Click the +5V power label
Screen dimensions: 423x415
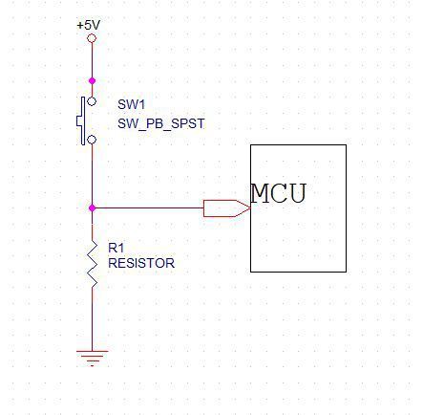tap(89, 25)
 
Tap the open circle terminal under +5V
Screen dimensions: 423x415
tap(92, 38)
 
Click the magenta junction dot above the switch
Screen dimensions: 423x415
tap(92, 81)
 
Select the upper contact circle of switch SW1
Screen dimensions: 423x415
tap(92, 101)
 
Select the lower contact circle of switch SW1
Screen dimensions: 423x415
tap(92, 140)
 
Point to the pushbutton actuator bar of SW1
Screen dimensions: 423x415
tap(83, 120)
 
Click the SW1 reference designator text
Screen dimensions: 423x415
tap(131, 104)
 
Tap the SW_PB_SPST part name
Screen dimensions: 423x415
tap(161, 123)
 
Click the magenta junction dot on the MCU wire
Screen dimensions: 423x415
tap(92, 208)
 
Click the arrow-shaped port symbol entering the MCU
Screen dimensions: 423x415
tap(227, 208)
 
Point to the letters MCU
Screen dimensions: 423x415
tap(279, 193)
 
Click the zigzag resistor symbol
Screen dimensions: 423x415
tap(93, 264)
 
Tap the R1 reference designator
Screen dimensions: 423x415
tap(116, 248)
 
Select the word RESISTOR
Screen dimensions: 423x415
tap(141, 263)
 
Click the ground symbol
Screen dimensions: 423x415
tap(92, 359)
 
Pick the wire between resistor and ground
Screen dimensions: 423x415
tap(93, 319)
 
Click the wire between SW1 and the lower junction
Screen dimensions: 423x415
tap(92, 174)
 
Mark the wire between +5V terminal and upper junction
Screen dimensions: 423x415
tap(92, 60)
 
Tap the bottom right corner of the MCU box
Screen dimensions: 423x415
tap(347, 272)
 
